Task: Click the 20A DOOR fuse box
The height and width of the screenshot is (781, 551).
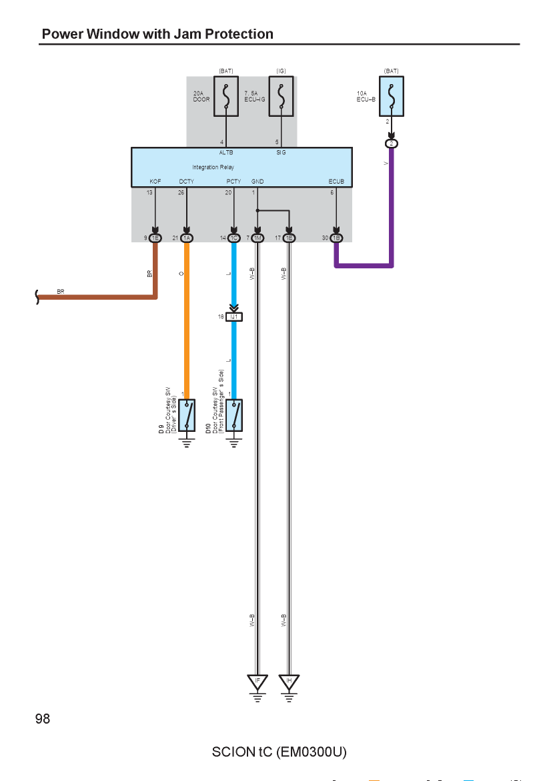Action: tap(226, 96)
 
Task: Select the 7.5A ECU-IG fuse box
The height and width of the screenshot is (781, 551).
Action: tap(282, 96)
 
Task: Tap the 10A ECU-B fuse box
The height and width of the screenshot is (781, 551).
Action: tap(391, 96)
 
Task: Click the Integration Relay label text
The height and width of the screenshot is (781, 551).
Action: tap(213, 168)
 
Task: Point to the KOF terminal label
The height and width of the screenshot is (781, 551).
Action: tap(155, 182)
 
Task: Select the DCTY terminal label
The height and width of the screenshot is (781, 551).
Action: tap(187, 182)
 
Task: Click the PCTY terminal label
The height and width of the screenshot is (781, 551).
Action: tap(233, 182)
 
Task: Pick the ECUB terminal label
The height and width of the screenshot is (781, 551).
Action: tap(336, 182)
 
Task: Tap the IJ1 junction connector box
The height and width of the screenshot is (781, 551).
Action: tap(234, 317)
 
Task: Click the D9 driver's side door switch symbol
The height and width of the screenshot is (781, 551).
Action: tap(187, 415)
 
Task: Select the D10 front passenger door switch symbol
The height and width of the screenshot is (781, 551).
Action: tap(234, 415)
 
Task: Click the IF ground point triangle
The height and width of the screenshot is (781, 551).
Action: tap(257, 682)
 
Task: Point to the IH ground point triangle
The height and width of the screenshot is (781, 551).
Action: tap(289, 682)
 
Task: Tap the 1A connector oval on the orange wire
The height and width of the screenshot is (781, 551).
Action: tap(187, 238)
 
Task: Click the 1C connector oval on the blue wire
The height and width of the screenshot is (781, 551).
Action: tap(234, 238)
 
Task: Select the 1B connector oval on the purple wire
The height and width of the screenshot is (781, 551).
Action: tap(336, 238)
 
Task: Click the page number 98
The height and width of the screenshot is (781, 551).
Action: tap(43, 718)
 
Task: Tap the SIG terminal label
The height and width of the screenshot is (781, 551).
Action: tap(282, 152)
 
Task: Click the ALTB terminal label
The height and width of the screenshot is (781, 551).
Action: tap(226, 152)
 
